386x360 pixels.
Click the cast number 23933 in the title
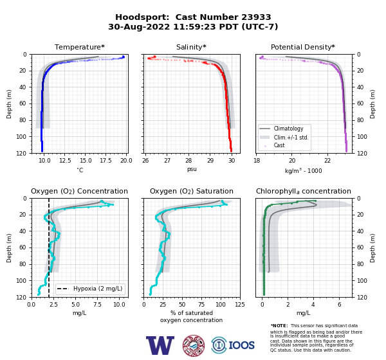pyautogui.click(x=256, y=17)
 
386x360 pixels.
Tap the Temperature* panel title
pyautogui.click(x=80, y=47)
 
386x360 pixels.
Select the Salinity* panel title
pyautogui.click(x=191, y=47)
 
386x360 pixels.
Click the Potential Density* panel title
pyautogui.click(x=303, y=47)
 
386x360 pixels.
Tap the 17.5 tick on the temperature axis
pyautogui.click(x=106, y=161)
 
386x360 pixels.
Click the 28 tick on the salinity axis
pyautogui.click(x=188, y=161)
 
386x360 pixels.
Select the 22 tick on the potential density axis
pyautogui.click(x=327, y=161)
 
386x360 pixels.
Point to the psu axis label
pyautogui.click(x=192, y=169)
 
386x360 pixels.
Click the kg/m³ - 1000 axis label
pyautogui.click(x=303, y=171)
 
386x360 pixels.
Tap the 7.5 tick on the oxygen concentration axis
pyautogui.click(x=98, y=305)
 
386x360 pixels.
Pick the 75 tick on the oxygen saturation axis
pyautogui.click(x=201, y=305)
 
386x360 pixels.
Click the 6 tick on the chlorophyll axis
pyautogui.click(x=340, y=305)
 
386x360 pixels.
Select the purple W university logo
pyautogui.click(x=160, y=345)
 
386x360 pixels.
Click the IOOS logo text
pyautogui.click(x=241, y=345)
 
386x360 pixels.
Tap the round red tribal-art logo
pyautogui.click(x=194, y=345)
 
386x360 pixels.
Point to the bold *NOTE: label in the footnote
pyautogui.click(x=279, y=325)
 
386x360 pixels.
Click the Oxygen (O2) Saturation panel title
pyautogui.click(x=192, y=191)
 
